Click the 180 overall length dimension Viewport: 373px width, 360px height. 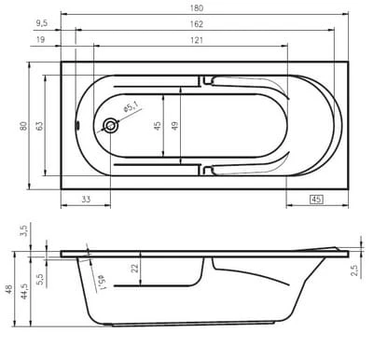(197, 8)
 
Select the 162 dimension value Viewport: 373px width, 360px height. (197, 24)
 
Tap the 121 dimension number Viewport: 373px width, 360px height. (197, 40)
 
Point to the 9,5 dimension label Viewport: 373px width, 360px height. (42, 23)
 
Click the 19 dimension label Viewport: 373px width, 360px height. (41, 40)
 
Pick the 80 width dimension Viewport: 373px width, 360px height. (23, 126)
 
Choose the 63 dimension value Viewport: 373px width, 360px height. (40, 126)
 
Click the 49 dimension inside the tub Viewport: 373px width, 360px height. (175, 126)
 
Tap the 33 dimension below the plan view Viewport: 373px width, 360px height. (86, 200)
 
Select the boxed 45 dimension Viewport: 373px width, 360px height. (316, 200)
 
